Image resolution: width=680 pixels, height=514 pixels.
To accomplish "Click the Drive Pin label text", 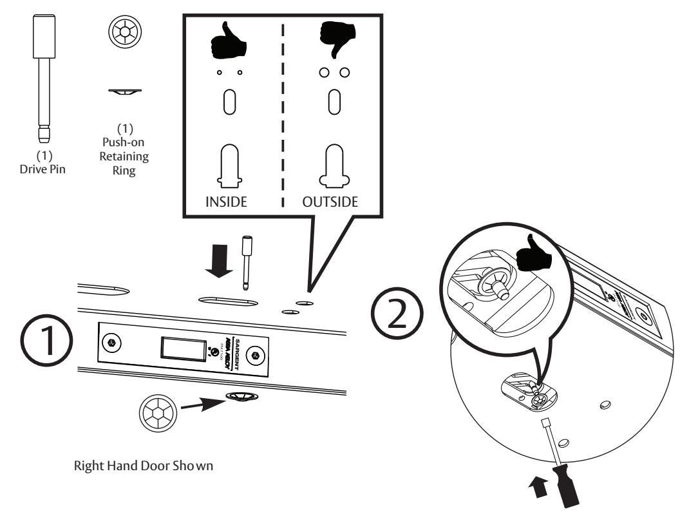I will coord(44,160).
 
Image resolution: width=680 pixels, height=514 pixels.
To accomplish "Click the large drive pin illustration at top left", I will coord(44,77).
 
